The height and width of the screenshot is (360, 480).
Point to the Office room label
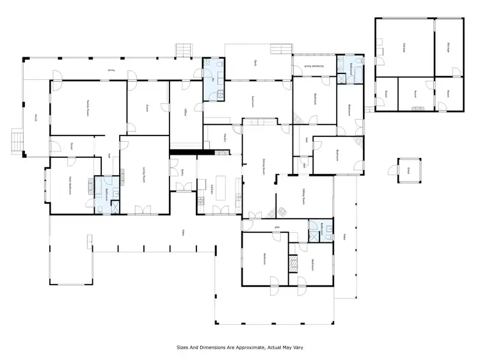pyautogui.click(x=184, y=113)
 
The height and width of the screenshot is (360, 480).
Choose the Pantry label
pyautogui.click(x=225, y=137)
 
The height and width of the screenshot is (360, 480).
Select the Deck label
pyautogui.click(x=254, y=63)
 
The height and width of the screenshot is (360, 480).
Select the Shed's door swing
pyautogui.click(x=392, y=170)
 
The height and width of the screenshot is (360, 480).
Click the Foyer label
pyautogui.click(x=72, y=145)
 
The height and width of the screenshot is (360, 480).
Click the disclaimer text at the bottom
pyautogui.click(x=240, y=348)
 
